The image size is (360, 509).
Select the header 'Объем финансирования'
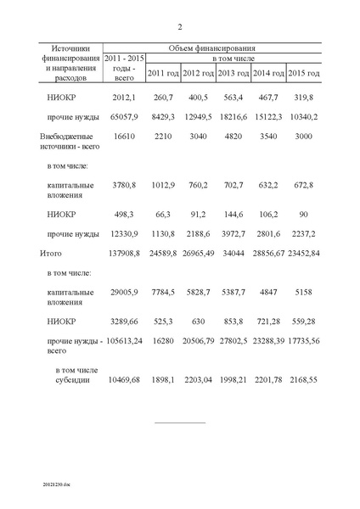point(213,48)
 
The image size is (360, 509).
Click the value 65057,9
point(124,116)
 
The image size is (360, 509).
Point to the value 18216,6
point(233,116)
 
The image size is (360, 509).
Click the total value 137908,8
point(124,254)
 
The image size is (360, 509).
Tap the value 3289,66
point(124,322)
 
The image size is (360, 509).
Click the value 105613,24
point(122,341)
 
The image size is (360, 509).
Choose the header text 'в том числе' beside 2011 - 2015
point(233,59)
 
